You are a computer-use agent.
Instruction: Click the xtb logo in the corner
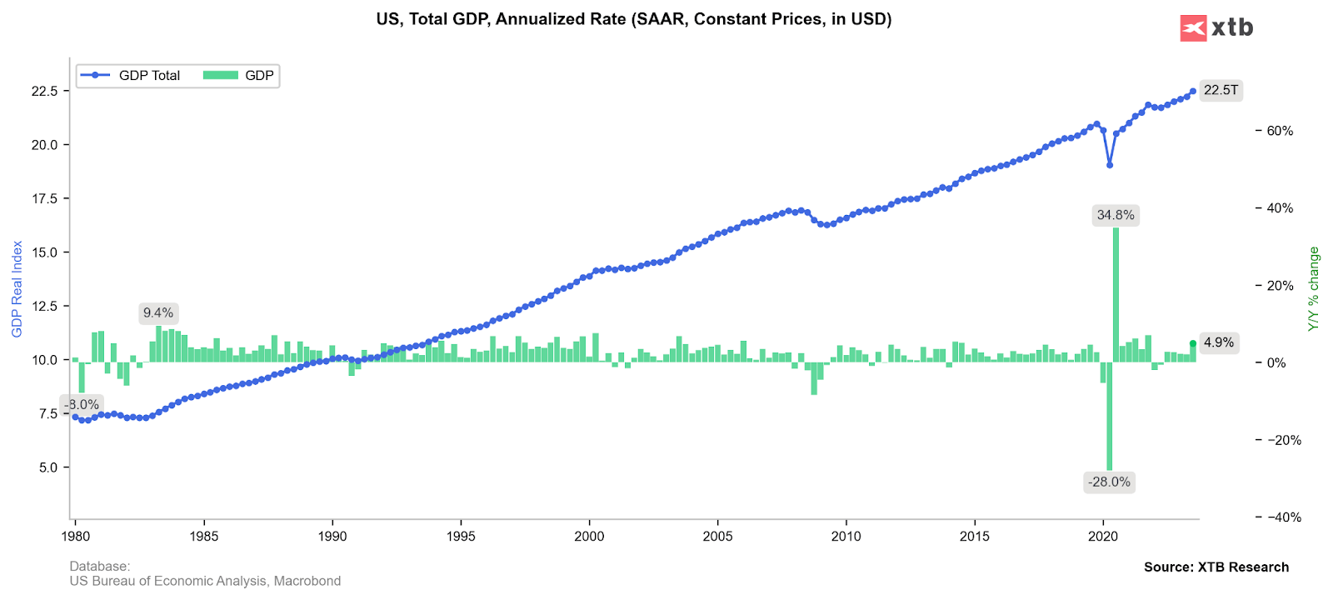click(x=1216, y=27)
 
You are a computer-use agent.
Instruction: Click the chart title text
click(x=633, y=19)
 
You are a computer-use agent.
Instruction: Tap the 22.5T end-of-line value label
click(x=1221, y=90)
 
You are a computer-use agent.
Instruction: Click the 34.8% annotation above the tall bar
click(x=1116, y=215)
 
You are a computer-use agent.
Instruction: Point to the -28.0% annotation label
click(x=1110, y=482)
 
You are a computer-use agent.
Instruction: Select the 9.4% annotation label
click(x=158, y=313)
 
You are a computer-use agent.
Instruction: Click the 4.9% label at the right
click(x=1219, y=342)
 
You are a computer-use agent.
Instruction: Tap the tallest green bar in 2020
click(x=1116, y=292)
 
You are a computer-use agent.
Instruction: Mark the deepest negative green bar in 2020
click(x=1110, y=417)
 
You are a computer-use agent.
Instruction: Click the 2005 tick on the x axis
click(x=717, y=536)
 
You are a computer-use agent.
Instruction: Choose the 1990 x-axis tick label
click(x=332, y=536)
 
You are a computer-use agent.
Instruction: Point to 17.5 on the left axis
click(x=45, y=199)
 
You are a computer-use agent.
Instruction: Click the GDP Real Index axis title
click(x=17, y=289)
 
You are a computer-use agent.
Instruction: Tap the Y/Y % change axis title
click(x=1314, y=289)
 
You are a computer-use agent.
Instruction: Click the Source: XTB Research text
click(x=1216, y=567)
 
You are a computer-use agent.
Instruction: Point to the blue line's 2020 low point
click(x=1110, y=165)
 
